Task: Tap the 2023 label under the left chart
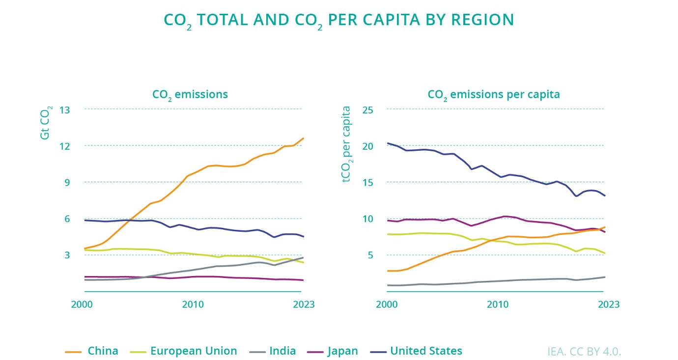[x=304, y=305]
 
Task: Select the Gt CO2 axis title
[x=45, y=122]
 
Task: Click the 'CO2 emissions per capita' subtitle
[x=494, y=94]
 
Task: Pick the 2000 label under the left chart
[x=83, y=305]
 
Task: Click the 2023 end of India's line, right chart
[x=605, y=277]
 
